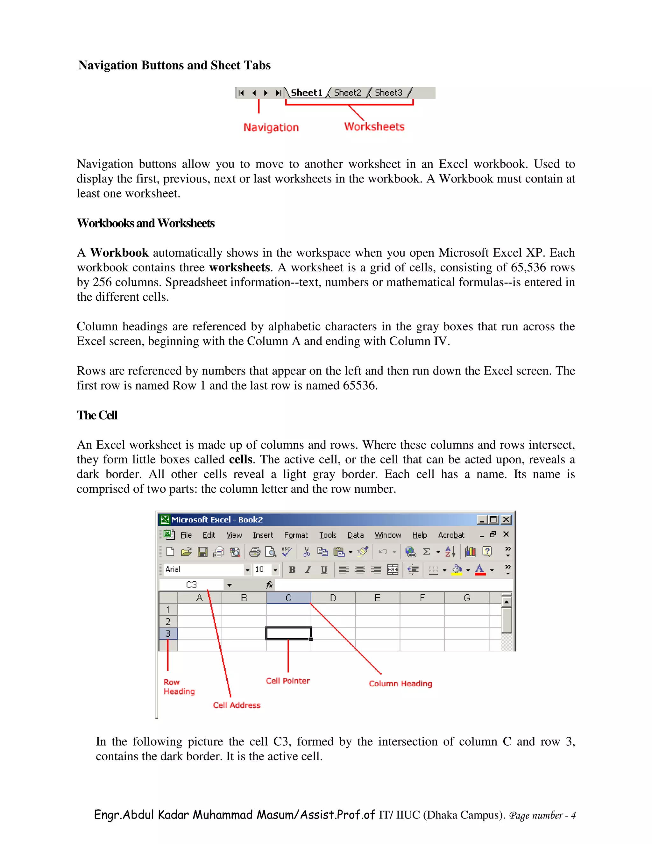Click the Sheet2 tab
(x=347, y=93)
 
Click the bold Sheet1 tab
(x=306, y=93)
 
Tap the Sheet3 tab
(x=388, y=93)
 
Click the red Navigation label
(x=271, y=127)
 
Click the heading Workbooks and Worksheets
(x=145, y=223)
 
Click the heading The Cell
(x=97, y=415)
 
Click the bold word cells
(x=240, y=460)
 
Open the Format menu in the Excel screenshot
(x=296, y=535)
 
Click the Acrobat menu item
(x=451, y=535)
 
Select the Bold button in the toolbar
(x=292, y=570)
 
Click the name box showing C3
(x=192, y=585)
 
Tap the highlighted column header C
(x=288, y=598)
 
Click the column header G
(x=467, y=598)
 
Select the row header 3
(x=168, y=633)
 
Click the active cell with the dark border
(x=288, y=633)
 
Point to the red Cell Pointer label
(x=288, y=681)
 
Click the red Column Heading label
(x=400, y=683)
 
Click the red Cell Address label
(x=237, y=705)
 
